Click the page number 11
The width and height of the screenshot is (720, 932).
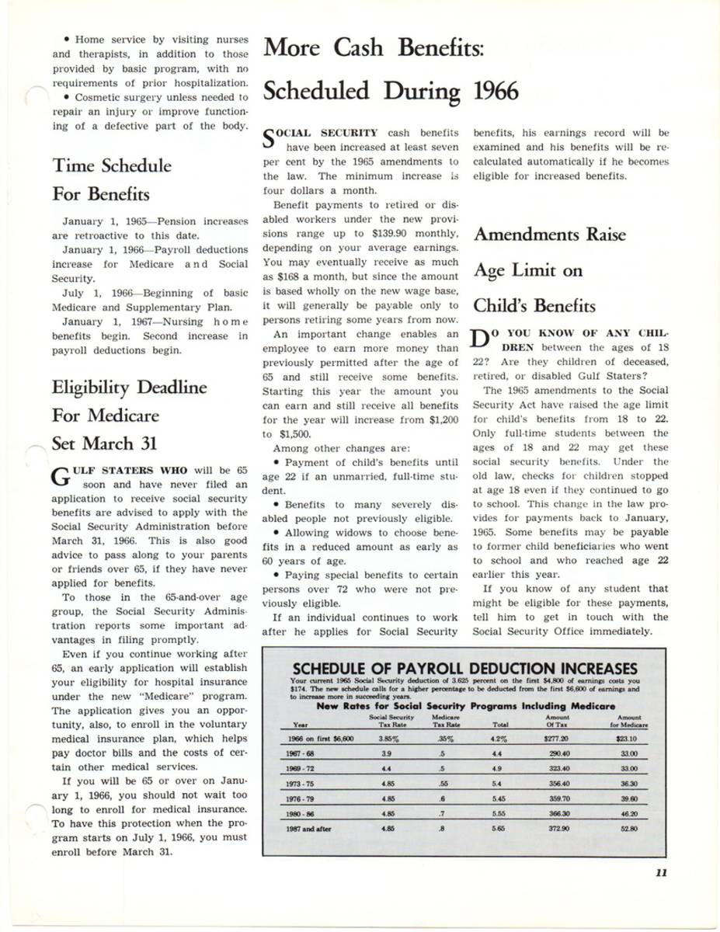(661, 872)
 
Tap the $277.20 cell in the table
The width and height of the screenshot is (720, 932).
(556, 739)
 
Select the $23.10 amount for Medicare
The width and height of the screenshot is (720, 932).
(625, 739)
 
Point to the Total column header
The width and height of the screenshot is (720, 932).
(500, 725)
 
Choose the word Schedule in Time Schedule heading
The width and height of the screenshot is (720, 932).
(133, 165)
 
